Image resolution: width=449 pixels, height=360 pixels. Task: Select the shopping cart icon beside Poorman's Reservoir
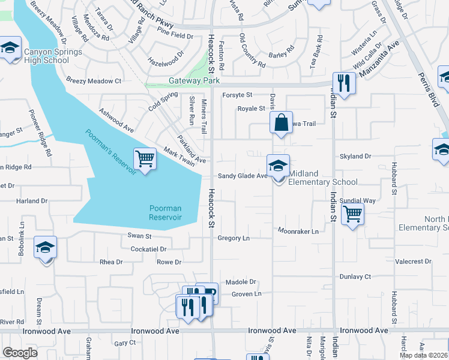(x=145, y=160)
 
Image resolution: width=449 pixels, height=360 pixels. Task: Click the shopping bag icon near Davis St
(x=281, y=124)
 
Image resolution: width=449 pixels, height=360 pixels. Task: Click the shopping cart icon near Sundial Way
(x=352, y=214)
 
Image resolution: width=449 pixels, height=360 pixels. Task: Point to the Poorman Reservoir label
(x=165, y=212)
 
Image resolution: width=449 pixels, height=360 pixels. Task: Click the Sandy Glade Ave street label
(x=242, y=176)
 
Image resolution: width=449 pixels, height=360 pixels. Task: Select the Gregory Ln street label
(x=233, y=238)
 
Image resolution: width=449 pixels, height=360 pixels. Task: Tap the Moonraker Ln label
(x=298, y=230)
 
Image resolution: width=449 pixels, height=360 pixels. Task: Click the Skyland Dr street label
(x=355, y=156)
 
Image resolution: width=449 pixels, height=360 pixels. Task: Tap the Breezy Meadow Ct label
(x=94, y=80)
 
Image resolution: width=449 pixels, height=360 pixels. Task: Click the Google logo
(x=20, y=353)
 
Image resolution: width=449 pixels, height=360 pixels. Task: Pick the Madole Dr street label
(x=241, y=281)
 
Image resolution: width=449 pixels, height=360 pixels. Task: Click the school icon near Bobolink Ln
(x=45, y=248)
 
